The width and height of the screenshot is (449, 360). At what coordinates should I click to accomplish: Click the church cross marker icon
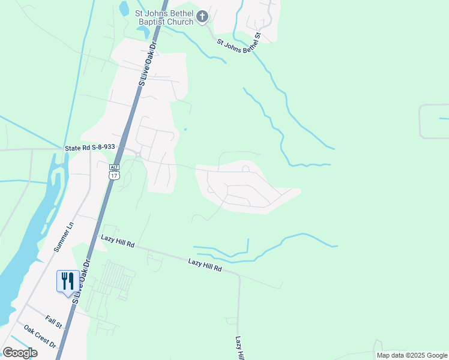[203, 17]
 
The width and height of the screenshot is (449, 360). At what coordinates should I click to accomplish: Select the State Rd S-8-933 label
[89, 148]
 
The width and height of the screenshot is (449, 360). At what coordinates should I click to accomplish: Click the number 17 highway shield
[114, 175]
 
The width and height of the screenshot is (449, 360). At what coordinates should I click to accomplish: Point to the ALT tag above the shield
[114, 167]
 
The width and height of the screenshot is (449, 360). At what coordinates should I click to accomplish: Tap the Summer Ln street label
[62, 236]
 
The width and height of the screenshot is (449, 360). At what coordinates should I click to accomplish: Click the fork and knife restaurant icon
[67, 281]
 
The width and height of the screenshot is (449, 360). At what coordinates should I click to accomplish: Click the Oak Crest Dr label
[40, 337]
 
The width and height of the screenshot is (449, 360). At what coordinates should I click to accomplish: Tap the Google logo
[20, 353]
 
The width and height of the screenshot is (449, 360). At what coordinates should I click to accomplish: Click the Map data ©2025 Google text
[412, 355]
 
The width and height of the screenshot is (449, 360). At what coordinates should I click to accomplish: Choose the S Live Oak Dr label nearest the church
[147, 62]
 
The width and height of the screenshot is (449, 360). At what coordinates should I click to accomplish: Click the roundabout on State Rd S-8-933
[138, 155]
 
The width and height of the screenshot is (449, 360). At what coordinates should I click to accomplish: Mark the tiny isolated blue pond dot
[185, 129]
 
